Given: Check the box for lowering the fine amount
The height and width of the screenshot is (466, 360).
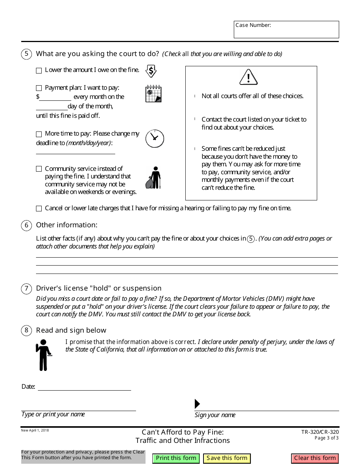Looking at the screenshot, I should [x=39, y=70].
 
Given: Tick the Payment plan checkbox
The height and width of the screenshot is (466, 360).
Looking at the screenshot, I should [x=39, y=88].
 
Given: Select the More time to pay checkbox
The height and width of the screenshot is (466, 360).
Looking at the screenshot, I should [x=39, y=134].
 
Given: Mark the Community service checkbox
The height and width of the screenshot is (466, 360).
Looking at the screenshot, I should [x=39, y=169].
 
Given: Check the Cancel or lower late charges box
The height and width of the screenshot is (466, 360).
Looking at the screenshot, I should [x=39, y=209].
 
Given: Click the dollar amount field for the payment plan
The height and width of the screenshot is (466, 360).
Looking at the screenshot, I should [x=55, y=97].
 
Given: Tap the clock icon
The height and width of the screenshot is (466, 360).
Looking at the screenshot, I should [x=155, y=138].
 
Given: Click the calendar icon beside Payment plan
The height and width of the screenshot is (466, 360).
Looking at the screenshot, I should [x=153, y=94].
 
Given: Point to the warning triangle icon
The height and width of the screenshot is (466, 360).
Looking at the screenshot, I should [x=249, y=77].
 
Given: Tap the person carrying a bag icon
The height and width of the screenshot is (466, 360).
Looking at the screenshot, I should [x=153, y=177].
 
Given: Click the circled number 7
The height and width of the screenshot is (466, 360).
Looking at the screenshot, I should [x=26, y=289].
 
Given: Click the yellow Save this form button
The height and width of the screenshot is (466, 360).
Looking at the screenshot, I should [x=227, y=458].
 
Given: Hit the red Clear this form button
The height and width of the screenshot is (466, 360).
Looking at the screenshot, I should [x=315, y=458].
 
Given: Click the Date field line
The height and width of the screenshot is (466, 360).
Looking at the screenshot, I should [x=84, y=387].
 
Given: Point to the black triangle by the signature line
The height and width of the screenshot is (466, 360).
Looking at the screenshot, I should [x=197, y=404].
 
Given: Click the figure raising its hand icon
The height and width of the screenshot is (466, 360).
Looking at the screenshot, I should [x=44, y=355].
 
